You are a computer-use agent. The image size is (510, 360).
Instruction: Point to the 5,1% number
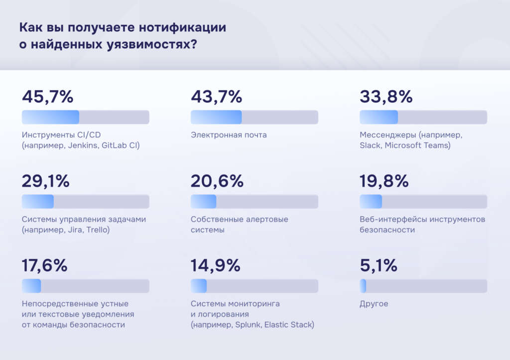click(379, 266)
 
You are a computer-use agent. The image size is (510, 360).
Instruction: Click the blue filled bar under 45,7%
click(50, 117)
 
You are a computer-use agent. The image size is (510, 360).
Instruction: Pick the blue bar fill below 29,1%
click(38, 202)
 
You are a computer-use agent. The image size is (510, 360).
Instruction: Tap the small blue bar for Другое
click(363, 286)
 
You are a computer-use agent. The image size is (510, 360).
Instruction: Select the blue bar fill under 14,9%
click(199, 286)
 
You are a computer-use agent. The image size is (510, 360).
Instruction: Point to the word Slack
click(369, 145)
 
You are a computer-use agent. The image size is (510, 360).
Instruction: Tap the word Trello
click(98, 230)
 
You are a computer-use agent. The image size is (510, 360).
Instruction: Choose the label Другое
click(374, 304)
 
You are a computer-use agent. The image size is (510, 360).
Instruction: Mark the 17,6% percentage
click(45, 266)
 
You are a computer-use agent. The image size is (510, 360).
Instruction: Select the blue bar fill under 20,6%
click(204, 202)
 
